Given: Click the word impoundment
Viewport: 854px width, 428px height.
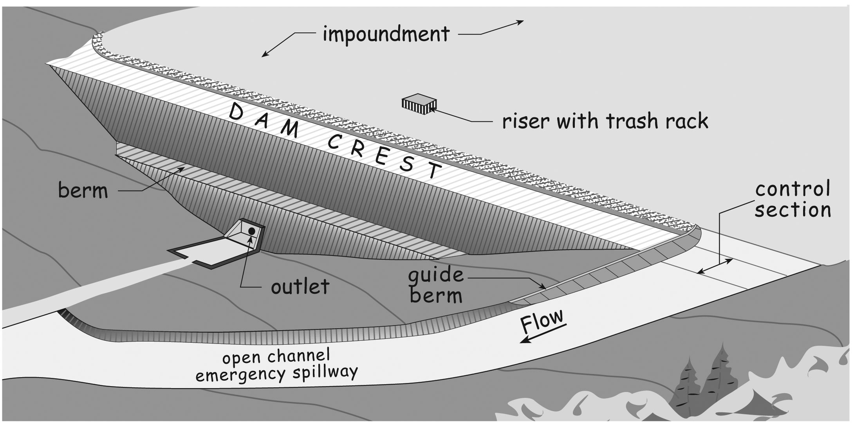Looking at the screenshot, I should pyautogui.click(x=386, y=34).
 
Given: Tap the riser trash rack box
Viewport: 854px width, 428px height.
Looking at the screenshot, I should pyautogui.click(x=419, y=104).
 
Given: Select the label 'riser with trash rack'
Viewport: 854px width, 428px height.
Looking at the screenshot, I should pyautogui.click(x=605, y=121).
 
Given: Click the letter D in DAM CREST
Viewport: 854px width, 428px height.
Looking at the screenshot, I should pyautogui.click(x=238, y=112).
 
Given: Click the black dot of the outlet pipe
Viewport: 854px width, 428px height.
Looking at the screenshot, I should pyautogui.click(x=252, y=231).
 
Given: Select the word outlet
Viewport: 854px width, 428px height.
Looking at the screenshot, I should pyautogui.click(x=300, y=287).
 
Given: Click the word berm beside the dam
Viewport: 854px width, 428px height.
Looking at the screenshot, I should pyautogui.click(x=83, y=191).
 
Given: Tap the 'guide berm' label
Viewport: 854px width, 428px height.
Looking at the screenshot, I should pyautogui.click(x=436, y=285).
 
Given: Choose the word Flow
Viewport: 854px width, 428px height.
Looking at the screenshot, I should pyautogui.click(x=542, y=322).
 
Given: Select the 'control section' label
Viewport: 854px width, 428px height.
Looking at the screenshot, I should pyautogui.click(x=793, y=200).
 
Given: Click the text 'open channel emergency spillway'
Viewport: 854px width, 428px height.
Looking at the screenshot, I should pyautogui.click(x=276, y=366).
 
